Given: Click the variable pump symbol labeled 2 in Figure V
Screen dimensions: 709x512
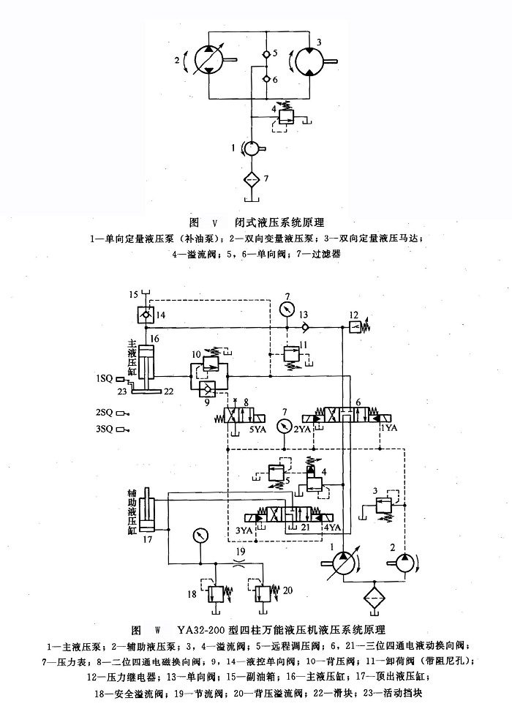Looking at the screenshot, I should tap(209, 58).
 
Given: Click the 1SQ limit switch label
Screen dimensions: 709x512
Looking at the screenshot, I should tap(103, 378).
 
